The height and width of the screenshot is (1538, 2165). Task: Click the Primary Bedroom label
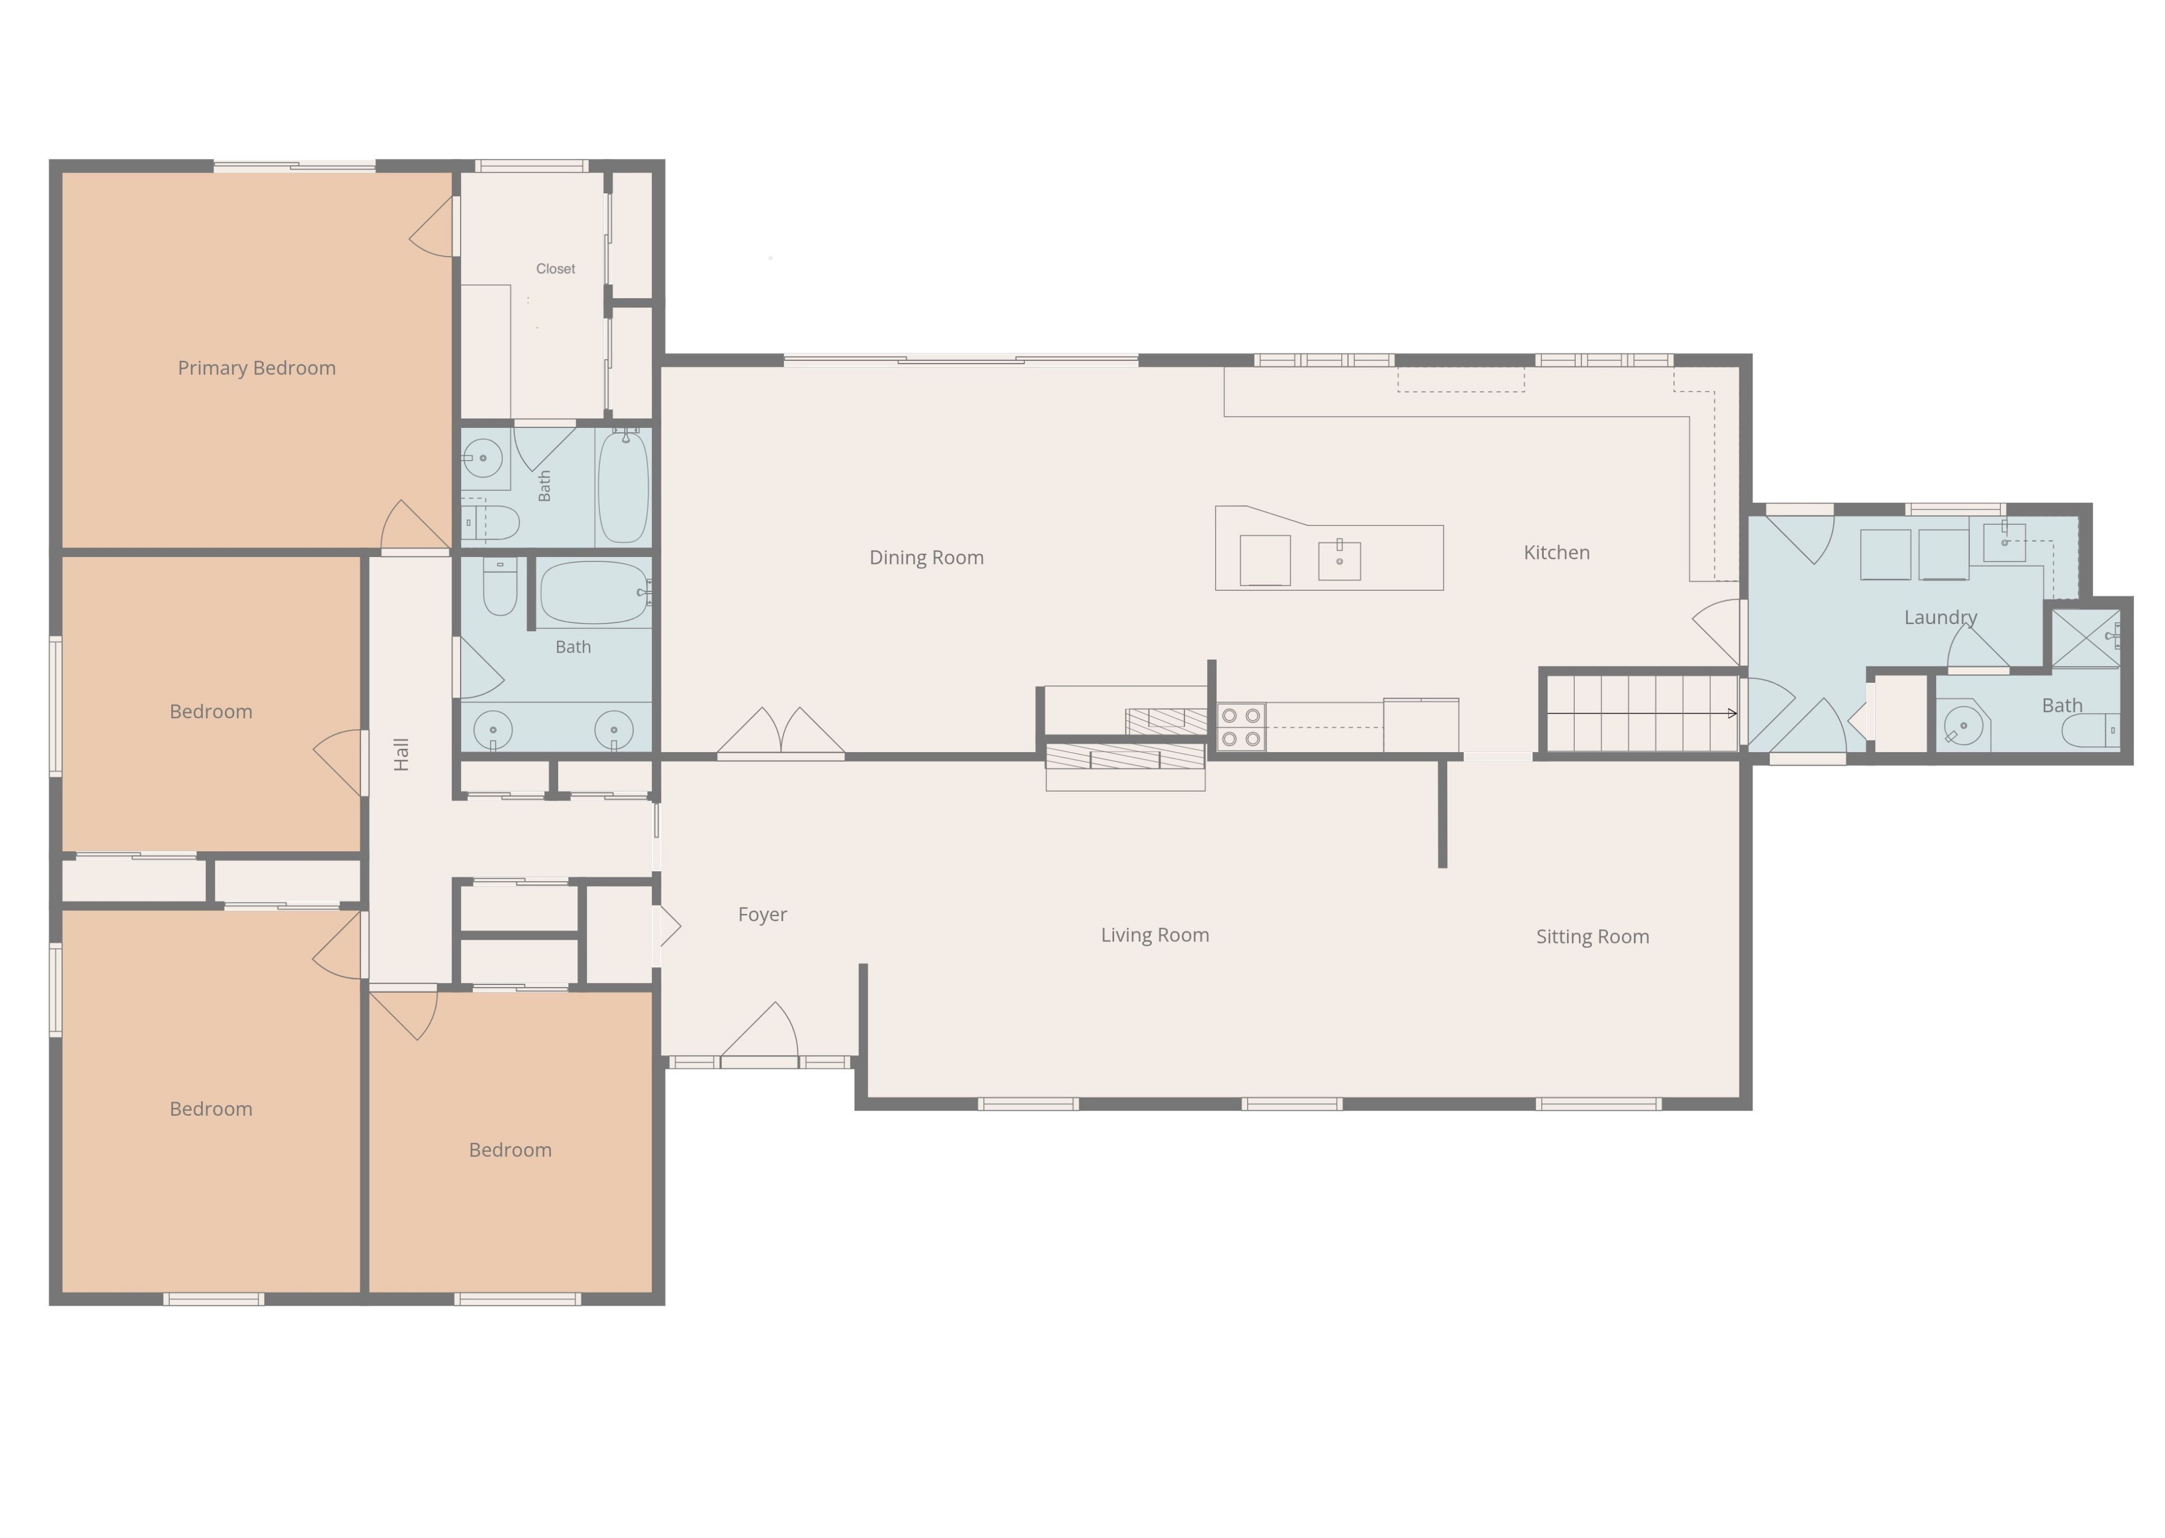tap(257, 368)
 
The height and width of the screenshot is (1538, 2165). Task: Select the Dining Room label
tap(926, 558)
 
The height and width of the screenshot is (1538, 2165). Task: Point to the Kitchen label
tap(1556, 552)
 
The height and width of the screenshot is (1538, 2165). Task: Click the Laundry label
tap(1941, 617)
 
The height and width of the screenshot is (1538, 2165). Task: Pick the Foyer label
tap(762, 915)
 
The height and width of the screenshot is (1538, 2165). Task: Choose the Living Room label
tap(1155, 936)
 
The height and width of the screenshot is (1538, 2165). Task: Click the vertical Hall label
tap(401, 755)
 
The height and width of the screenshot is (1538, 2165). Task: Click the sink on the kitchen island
tap(1339, 560)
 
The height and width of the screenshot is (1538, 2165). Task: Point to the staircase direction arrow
tap(1642, 713)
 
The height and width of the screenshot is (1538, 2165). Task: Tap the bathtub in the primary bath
tap(623, 487)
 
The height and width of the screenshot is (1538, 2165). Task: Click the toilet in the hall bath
tap(500, 587)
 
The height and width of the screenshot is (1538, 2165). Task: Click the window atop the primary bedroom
tap(294, 167)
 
